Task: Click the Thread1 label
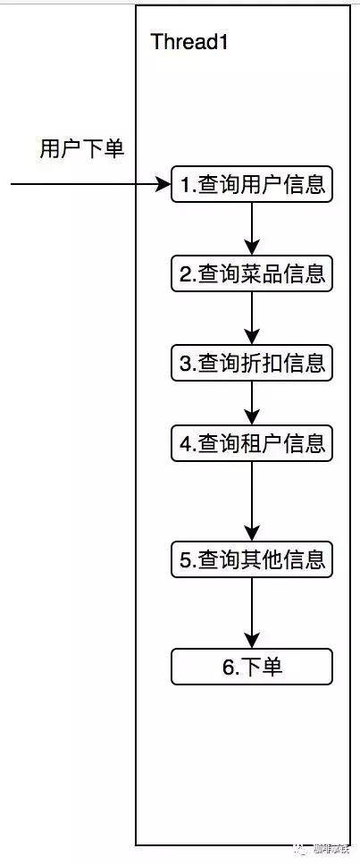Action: click(189, 42)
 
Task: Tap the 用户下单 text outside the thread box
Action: click(81, 148)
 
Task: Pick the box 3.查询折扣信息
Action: click(251, 364)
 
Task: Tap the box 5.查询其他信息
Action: click(251, 560)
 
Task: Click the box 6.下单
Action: click(251, 667)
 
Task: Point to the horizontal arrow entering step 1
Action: click(89, 185)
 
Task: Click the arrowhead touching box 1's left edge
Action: click(163, 185)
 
